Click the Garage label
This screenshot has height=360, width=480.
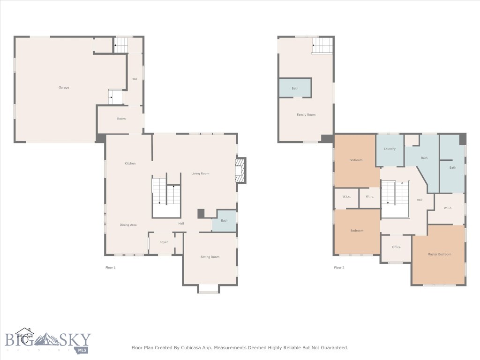tap(64, 88)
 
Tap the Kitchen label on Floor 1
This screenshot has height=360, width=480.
tap(130, 164)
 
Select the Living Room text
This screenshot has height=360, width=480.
tap(200, 174)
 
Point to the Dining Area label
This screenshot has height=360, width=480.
tap(128, 225)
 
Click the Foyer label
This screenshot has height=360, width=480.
tap(164, 242)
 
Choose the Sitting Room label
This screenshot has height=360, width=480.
tap(210, 257)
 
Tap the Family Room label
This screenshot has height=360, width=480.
tap(306, 115)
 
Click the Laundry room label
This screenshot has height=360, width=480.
tap(390, 149)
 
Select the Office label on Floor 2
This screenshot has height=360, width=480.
tap(396, 247)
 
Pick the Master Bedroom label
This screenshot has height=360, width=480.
tap(439, 254)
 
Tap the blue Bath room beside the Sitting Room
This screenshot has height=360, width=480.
tap(224, 221)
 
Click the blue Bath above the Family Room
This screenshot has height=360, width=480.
tap(295, 88)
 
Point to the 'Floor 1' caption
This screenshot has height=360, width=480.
tap(110, 268)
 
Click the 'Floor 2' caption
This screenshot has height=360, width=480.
tap(339, 268)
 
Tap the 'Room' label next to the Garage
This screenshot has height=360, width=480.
tap(121, 119)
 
